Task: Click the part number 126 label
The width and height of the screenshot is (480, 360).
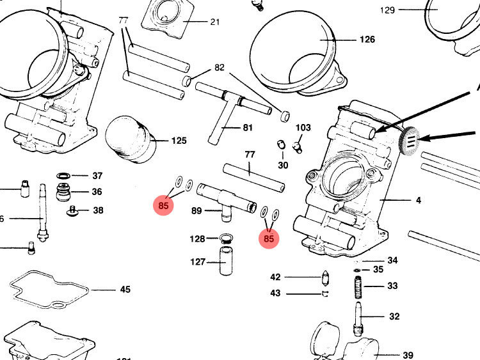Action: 367,40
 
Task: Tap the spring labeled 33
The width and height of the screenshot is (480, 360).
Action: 359,286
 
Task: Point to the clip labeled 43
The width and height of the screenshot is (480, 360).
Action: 324,293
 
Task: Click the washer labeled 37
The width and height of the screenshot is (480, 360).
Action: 63,175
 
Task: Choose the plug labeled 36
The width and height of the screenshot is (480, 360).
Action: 63,192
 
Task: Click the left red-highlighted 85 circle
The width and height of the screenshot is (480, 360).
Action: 164,206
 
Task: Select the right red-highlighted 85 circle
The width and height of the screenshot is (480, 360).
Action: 269,239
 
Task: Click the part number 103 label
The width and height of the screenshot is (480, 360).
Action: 303,128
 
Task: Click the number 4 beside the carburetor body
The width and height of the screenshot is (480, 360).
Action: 419,200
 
